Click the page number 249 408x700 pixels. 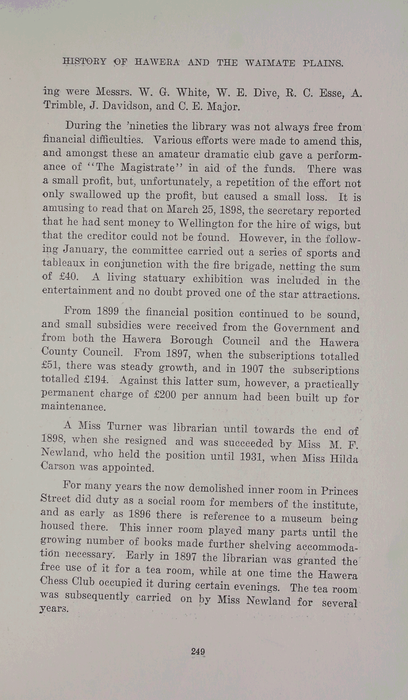tap(198, 651)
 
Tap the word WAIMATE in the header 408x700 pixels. tap(270, 63)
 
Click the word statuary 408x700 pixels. tap(164, 278)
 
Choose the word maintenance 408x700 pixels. tap(73, 406)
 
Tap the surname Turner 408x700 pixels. tap(124, 427)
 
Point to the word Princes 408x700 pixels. tap(339, 491)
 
